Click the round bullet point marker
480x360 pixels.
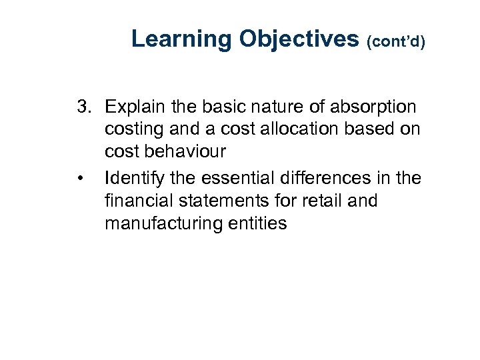click(x=79, y=179)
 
